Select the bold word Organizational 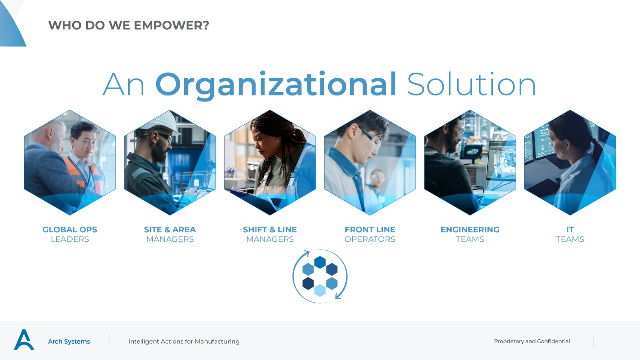pyautogui.click(x=276, y=85)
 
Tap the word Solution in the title pyautogui.click(x=471, y=84)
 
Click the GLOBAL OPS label pyautogui.click(x=70, y=229)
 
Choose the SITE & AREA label pyautogui.click(x=170, y=229)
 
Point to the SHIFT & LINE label pyautogui.click(x=270, y=229)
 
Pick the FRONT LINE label pyautogui.click(x=370, y=229)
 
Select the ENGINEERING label pyautogui.click(x=470, y=229)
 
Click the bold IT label pyautogui.click(x=570, y=229)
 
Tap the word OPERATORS pyautogui.click(x=370, y=239)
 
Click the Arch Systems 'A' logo pyautogui.click(x=24, y=339)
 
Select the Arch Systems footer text pyautogui.click(x=69, y=342)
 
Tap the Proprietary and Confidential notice pyautogui.click(x=532, y=341)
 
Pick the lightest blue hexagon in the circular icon pyautogui.click(x=320, y=290)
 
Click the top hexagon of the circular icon pyautogui.click(x=320, y=262)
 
